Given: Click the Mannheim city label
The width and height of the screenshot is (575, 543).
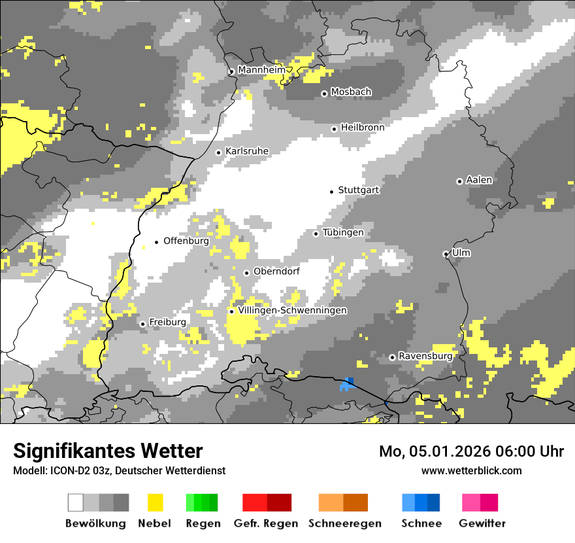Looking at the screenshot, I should click(x=262, y=70).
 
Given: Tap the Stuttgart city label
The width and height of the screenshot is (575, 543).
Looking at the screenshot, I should click(x=359, y=190).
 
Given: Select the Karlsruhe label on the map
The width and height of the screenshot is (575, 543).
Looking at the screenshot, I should click(x=247, y=151).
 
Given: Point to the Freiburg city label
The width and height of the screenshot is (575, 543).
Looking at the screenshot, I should click(x=167, y=323).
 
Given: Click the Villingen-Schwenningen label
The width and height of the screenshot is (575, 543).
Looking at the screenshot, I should click(x=292, y=311).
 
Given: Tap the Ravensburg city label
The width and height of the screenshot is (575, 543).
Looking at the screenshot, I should click(x=425, y=357).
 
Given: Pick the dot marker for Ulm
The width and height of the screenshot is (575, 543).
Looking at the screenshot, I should click(x=446, y=254).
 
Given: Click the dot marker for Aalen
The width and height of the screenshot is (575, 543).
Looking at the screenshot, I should click(x=460, y=181).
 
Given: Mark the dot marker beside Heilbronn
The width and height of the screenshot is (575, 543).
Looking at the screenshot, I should click(x=335, y=129).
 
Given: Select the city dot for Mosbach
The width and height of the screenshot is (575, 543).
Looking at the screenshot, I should click(x=324, y=94).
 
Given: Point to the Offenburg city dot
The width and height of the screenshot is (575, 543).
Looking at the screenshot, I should click(x=157, y=242).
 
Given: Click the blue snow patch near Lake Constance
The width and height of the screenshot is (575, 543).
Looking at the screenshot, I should click(x=347, y=385).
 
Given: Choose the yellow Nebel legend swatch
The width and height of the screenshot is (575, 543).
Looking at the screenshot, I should click(x=155, y=502).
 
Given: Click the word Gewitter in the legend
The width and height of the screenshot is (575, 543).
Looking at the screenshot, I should click(x=482, y=523).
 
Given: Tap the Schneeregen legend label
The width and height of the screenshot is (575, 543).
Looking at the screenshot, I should click(x=345, y=523).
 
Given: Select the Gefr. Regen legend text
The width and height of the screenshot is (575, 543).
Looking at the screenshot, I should click(x=266, y=523).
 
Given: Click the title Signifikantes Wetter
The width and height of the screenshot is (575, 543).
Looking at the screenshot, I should click(x=108, y=451).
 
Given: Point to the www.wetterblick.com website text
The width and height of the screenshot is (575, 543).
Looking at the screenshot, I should click(x=472, y=470).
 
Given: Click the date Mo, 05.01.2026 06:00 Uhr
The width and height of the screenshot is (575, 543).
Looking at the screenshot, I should click(x=471, y=451).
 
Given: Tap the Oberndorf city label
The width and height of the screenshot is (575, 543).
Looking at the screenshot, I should click(x=276, y=271).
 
